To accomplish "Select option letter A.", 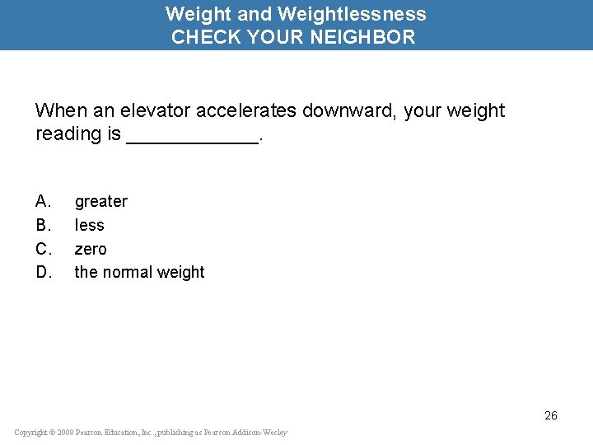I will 44,201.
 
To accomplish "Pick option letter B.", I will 44,225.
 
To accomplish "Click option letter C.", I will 44,249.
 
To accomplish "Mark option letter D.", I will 44,272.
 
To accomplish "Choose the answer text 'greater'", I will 101,202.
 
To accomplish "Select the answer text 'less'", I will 90,225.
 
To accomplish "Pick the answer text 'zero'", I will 91,249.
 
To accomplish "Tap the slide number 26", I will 551,415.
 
